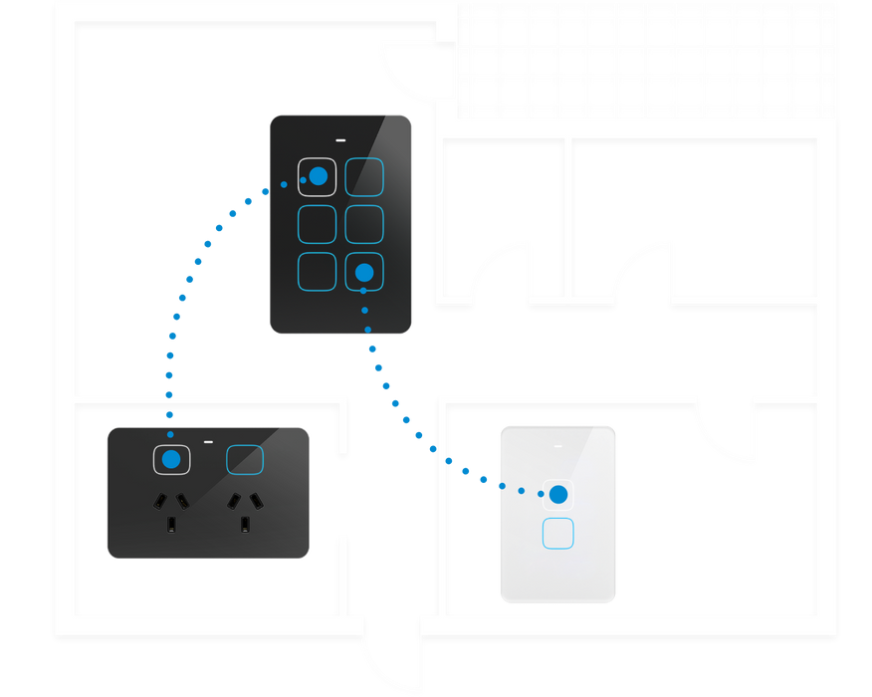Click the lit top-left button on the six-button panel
pos(318,176)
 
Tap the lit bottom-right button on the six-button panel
pos(364,271)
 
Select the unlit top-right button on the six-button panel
pos(364,176)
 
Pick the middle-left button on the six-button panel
pos(318,224)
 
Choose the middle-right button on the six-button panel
pos(364,224)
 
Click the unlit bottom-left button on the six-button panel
pos(318,271)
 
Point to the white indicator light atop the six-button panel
pos(341,139)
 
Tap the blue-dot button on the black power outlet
pos(171,459)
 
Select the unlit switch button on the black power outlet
pos(245,459)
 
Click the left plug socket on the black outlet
pos(171,509)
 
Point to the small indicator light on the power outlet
pos(209,440)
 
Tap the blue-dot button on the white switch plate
pos(558,494)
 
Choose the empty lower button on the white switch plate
pos(558,534)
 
